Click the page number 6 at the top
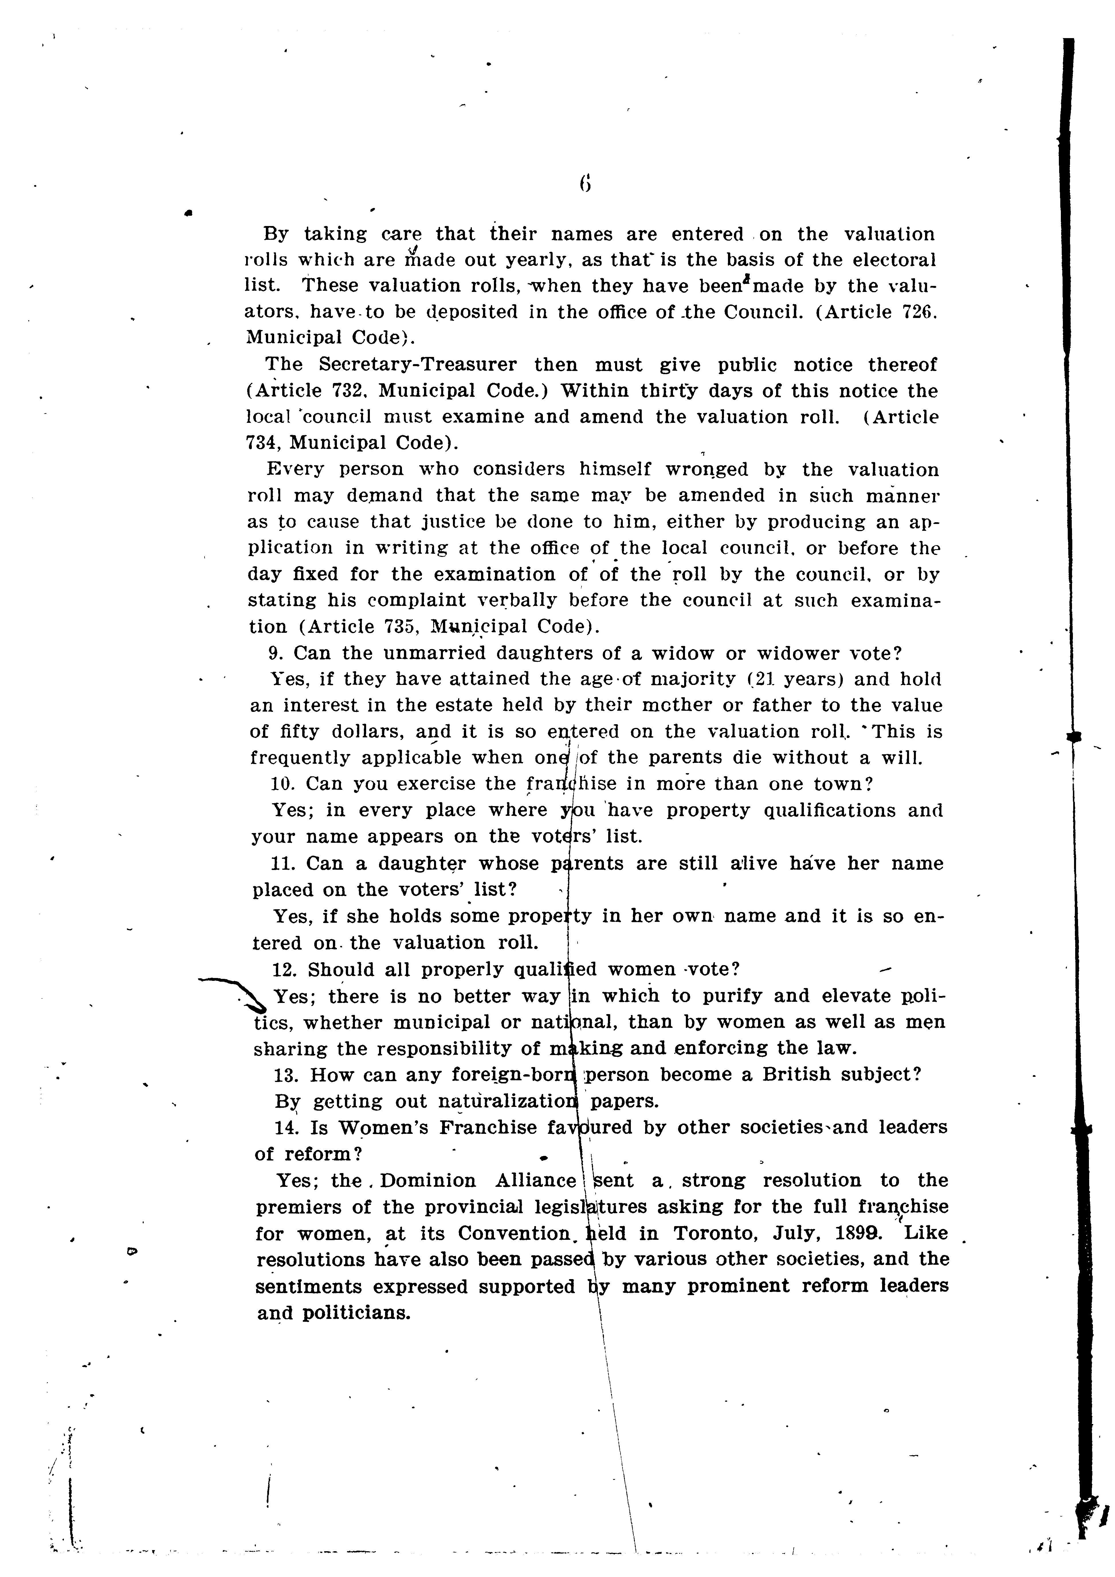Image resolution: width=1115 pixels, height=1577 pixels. point(585,183)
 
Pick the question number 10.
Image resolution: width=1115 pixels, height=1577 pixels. point(283,784)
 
